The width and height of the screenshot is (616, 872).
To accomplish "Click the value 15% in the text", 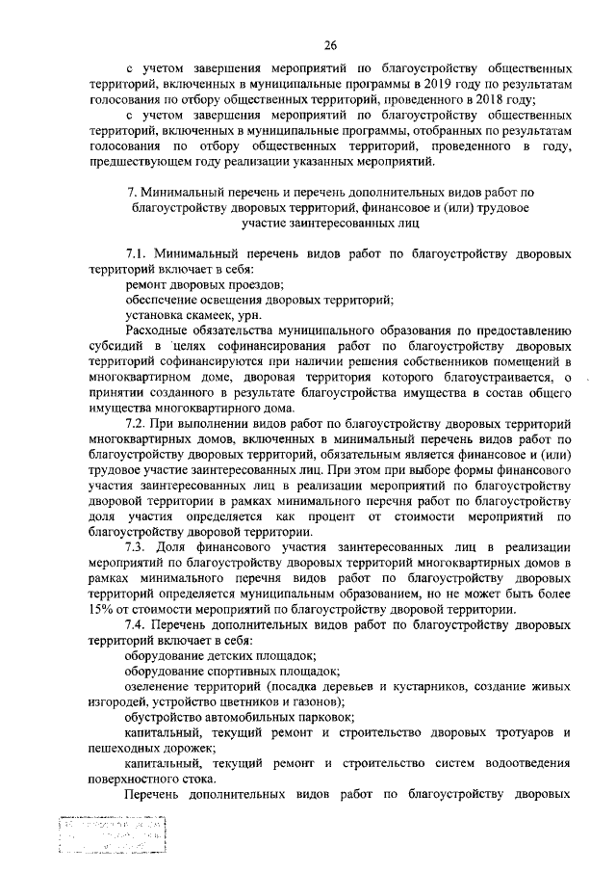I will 100,609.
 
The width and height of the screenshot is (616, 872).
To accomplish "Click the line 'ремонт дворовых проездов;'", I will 204,285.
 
